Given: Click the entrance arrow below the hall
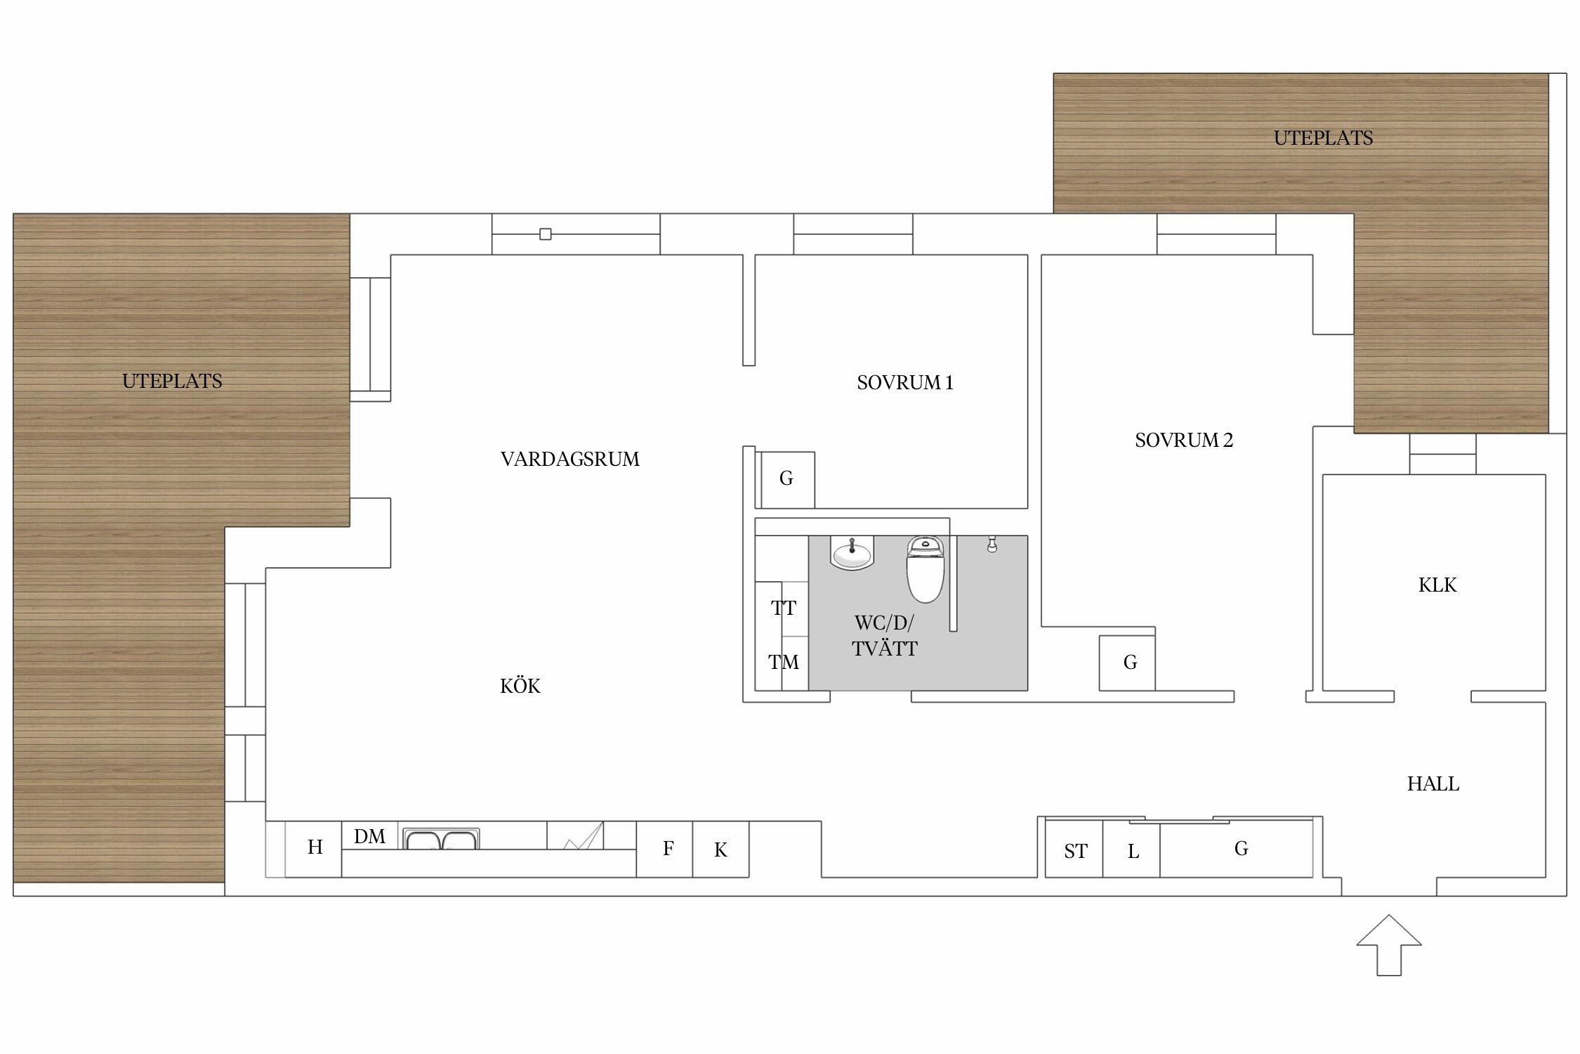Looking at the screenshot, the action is click(1388, 945).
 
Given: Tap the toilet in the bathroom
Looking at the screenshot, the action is click(925, 569).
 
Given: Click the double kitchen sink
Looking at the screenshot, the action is click(441, 839).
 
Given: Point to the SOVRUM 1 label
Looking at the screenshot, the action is click(905, 382).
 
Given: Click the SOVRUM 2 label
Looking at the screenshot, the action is click(1184, 440).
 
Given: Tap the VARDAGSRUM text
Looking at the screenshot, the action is click(570, 459).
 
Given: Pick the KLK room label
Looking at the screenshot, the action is click(1437, 585).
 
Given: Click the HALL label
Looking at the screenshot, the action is click(1433, 783).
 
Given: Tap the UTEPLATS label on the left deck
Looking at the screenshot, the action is click(172, 381).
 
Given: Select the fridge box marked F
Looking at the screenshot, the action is click(664, 849).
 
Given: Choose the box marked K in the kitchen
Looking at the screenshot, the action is click(720, 849).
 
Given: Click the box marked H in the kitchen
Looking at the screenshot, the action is click(313, 849).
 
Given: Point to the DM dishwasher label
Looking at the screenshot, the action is click(369, 836).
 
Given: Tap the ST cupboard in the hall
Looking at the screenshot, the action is click(1074, 848).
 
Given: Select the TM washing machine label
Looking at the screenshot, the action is click(784, 662).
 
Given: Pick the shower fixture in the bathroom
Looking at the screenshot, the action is click(992, 544).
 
